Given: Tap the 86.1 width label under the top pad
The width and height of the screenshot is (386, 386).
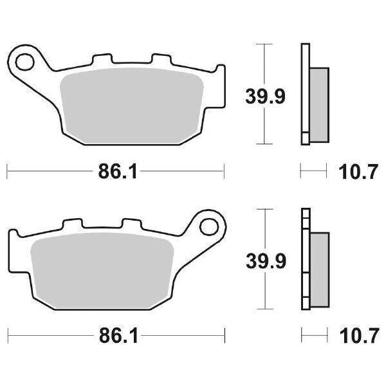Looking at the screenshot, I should click(116, 172).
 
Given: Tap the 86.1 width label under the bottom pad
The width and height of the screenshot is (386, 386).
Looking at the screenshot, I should click(116, 336).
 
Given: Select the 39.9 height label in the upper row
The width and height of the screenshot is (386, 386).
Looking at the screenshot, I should click(264, 96).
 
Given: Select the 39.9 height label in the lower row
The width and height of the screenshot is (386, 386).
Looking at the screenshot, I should click(264, 261).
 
